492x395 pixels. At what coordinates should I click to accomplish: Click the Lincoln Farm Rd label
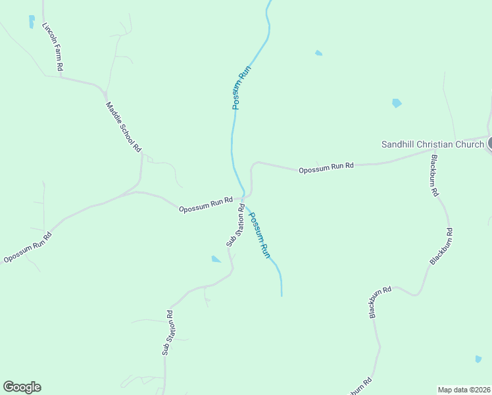[52, 47]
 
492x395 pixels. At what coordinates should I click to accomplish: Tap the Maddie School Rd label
[124, 127]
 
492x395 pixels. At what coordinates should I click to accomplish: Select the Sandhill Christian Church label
[433, 144]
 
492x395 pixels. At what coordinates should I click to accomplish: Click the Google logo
[22, 387]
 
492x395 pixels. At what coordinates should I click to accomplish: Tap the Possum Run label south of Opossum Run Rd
[259, 234]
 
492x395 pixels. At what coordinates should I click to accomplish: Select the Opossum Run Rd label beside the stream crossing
[207, 204]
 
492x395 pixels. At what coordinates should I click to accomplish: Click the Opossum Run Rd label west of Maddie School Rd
[28, 248]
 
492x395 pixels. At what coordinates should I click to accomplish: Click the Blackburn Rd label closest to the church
[434, 176]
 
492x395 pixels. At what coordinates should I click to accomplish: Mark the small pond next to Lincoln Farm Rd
[31, 22]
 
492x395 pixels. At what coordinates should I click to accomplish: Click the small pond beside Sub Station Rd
[216, 259]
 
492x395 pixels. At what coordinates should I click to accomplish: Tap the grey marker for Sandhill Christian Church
[491, 143]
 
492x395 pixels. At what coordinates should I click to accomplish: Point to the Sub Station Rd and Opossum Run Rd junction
[242, 198]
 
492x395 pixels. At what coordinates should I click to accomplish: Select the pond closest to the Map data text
[478, 359]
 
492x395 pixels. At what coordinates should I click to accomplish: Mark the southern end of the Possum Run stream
[282, 295]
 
